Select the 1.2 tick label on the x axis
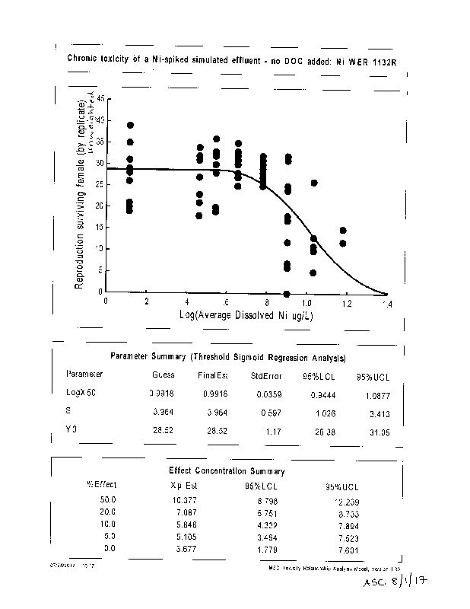coord(347,303)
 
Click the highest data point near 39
coord(131,126)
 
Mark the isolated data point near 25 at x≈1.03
coord(314,183)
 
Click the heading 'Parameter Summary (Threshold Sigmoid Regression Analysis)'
coord(229,356)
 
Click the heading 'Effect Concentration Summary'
coord(227,471)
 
